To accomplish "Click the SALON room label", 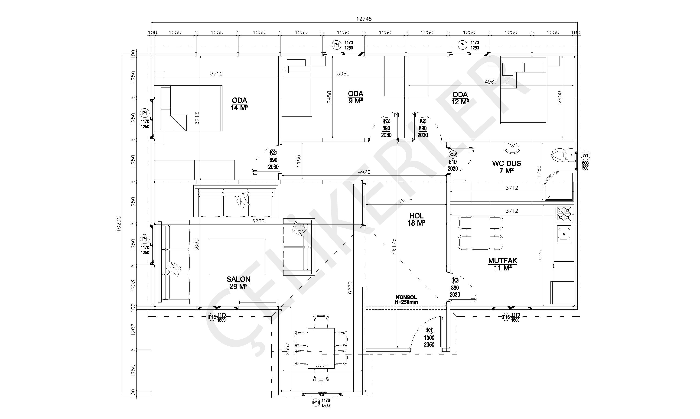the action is click(x=238, y=279).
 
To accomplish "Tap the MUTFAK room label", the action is click(x=503, y=261).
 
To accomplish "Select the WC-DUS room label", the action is click(x=507, y=163).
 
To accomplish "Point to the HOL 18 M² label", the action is click(x=416, y=219).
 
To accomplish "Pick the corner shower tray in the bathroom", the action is click(x=559, y=186).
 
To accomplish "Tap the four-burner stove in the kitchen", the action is click(x=564, y=214).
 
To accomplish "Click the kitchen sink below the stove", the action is click(x=564, y=234).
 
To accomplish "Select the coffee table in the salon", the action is click(x=237, y=257).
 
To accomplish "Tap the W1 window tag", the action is click(x=585, y=155).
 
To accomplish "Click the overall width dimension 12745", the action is click(x=364, y=19).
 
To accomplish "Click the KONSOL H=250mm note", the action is click(x=406, y=300).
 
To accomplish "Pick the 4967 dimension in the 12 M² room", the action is click(x=491, y=82).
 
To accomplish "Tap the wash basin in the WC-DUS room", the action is click(x=512, y=147).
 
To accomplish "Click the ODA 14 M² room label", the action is click(x=239, y=104).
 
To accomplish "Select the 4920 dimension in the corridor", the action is click(x=364, y=172).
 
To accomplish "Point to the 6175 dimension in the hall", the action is click(x=394, y=245).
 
